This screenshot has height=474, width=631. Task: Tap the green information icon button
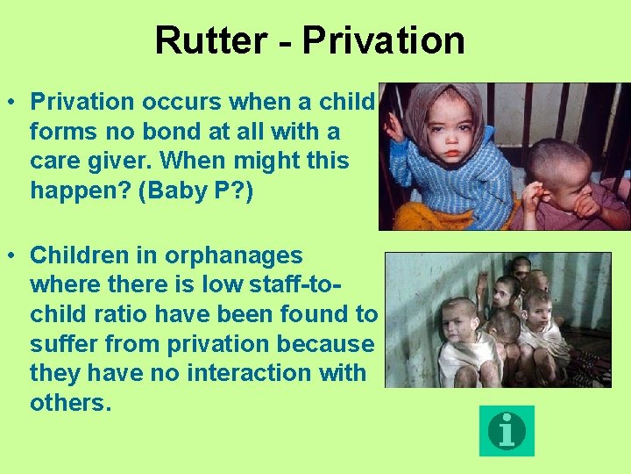507,430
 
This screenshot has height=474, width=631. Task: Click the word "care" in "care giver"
55,162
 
